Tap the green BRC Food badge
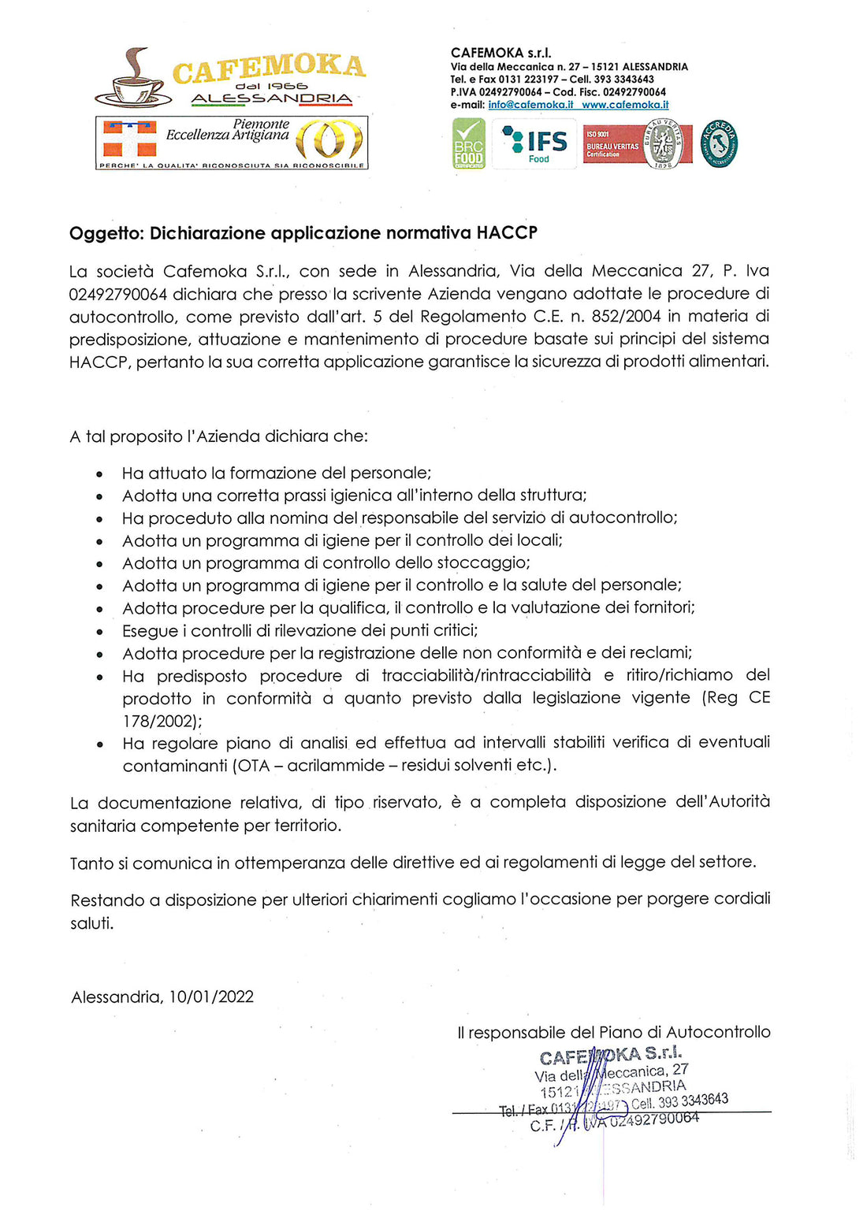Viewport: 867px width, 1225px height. click(468, 143)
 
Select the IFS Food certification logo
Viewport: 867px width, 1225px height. click(534, 143)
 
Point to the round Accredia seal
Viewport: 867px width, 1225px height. click(719, 143)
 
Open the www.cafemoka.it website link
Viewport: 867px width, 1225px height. click(625, 105)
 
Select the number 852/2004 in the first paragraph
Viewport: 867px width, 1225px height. click(625, 317)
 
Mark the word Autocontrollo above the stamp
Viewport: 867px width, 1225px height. click(718, 1033)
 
